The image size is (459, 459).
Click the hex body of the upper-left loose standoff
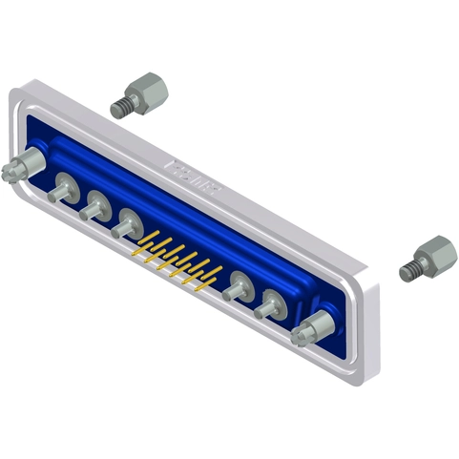point(149,92)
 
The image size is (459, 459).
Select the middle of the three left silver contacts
point(95,204)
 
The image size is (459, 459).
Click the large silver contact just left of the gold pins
point(126,225)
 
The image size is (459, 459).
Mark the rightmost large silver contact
point(269,303)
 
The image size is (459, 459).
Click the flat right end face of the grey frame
point(371,329)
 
